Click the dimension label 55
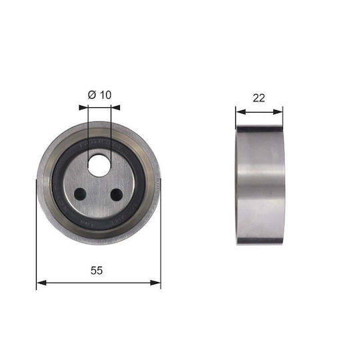[97, 271]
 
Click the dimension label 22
[259, 98]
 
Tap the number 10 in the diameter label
[105, 95]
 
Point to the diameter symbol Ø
[92, 95]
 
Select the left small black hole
[80, 194]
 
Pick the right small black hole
[117, 195]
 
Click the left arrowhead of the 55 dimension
[41, 283]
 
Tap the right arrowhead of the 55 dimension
[155, 283]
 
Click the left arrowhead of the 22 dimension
[241, 112]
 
